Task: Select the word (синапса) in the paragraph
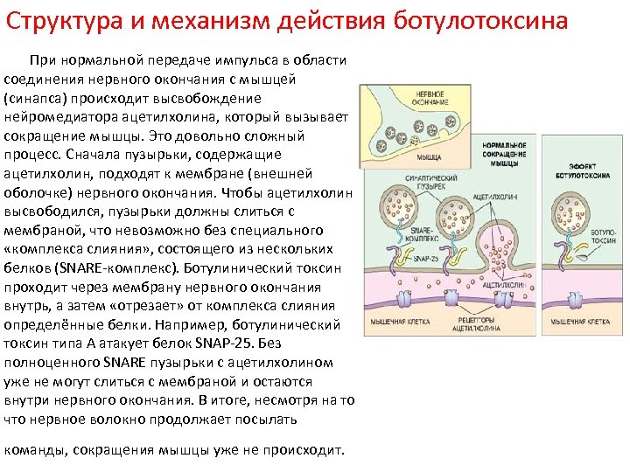click(34, 98)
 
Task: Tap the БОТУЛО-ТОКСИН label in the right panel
click(604, 233)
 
